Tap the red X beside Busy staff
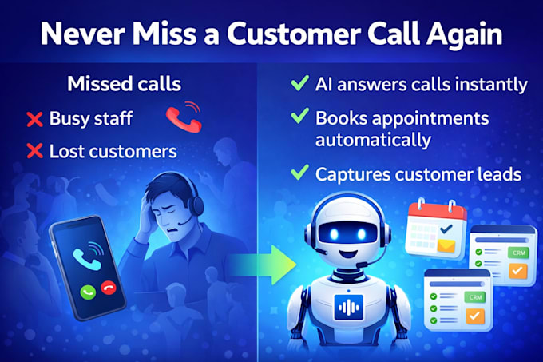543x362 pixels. point(34,120)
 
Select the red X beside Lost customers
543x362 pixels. point(34,151)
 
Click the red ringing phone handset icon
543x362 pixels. point(184,117)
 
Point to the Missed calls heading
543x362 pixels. point(124,84)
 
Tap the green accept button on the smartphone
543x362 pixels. point(88,292)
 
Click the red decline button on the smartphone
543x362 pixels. point(109,288)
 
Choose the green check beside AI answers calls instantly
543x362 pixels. point(299,82)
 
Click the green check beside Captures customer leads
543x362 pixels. point(299,172)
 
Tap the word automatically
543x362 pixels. point(373,141)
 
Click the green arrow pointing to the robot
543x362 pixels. point(264,265)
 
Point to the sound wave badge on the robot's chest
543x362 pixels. point(349,307)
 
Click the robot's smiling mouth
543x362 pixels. point(348,254)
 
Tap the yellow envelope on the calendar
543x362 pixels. point(446,245)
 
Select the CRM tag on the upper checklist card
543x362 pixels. point(518,253)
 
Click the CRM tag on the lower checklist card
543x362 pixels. point(475,297)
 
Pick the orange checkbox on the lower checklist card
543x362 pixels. point(475,315)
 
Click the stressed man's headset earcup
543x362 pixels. point(197,205)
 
